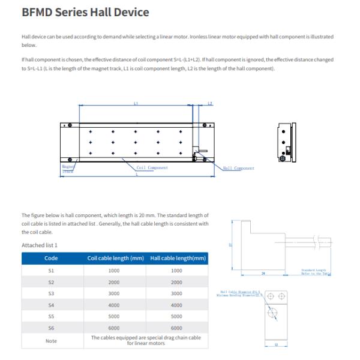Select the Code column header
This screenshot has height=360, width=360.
[51, 258]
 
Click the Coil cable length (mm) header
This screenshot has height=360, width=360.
[116, 258]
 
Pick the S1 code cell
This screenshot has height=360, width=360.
[51, 271]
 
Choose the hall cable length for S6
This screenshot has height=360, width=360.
[176, 328]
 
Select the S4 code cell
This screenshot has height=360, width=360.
[51, 305]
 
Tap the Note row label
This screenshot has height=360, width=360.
[51, 341]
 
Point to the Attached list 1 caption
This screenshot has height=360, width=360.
[40, 245]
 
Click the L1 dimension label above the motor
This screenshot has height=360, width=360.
[136, 104]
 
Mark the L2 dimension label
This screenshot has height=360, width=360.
[209, 104]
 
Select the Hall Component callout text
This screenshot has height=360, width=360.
[238, 169]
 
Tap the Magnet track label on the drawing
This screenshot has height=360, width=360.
[67, 169]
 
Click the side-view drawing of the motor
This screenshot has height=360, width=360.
[285, 142]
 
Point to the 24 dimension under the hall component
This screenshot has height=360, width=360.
[263, 272]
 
